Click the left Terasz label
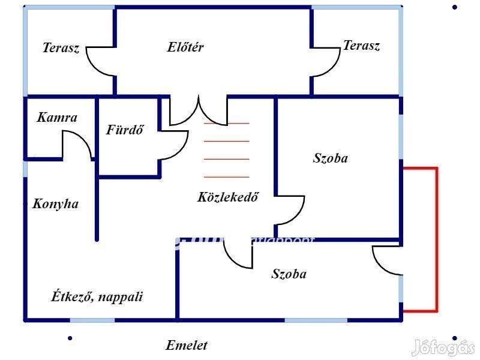[61, 49]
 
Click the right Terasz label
[361, 46]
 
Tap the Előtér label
[185, 47]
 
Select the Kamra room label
[57, 118]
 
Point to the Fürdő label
[125, 130]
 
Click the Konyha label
[55, 204]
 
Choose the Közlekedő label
[228, 197]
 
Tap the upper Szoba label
[331, 158]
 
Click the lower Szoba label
[289, 274]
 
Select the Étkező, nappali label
[97, 296]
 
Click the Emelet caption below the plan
[187, 346]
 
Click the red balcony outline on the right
[436, 240]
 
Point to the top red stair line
[226, 123]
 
